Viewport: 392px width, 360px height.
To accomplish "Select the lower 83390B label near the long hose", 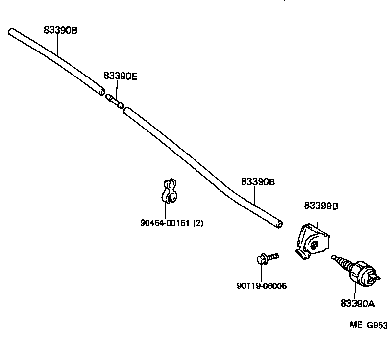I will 258,182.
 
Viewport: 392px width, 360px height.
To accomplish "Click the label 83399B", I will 321,206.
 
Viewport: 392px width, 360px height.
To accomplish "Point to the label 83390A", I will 358,304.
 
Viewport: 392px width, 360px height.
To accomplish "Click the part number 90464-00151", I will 166,223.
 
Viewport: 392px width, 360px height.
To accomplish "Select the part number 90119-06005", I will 262,286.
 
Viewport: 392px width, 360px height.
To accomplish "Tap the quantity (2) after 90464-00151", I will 198,223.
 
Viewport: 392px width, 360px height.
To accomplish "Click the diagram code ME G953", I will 368,325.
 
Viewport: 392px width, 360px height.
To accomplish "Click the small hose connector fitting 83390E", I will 115,100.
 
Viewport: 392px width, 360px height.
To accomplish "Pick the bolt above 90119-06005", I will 267,258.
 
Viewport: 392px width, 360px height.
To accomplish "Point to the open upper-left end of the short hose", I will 11,32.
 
